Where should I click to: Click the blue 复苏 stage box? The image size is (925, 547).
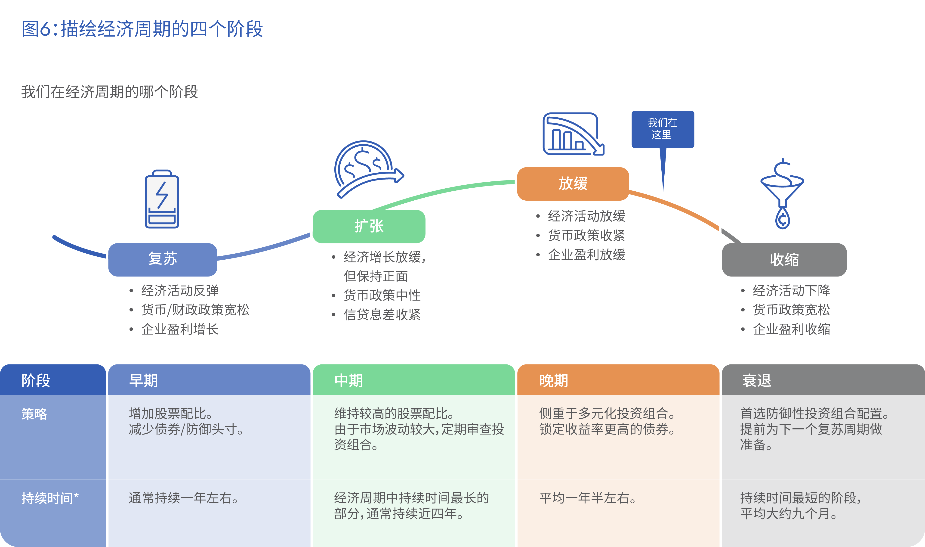tap(163, 259)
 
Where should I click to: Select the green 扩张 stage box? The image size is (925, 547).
tap(369, 226)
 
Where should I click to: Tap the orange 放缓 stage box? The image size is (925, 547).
tap(573, 183)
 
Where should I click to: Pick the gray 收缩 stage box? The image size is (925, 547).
tap(784, 259)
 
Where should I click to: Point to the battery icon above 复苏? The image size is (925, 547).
tap(162, 199)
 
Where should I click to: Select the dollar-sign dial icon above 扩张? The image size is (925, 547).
tap(368, 169)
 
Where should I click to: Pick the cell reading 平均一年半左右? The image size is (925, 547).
tap(588, 498)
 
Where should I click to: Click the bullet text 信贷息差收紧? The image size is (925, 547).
tap(382, 314)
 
